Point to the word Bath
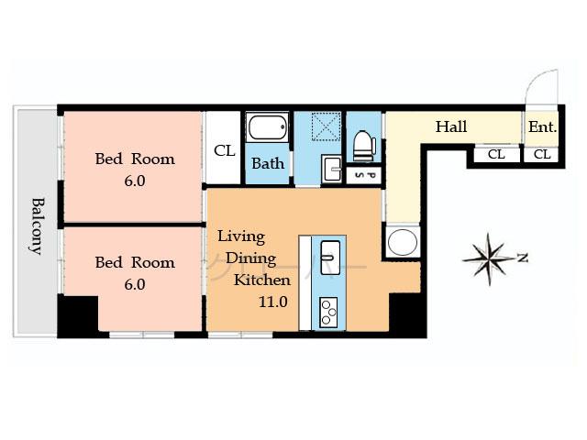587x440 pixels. tap(268, 164)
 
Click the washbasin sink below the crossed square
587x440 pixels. tap(331, 169)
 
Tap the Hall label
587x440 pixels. tap(450, 126)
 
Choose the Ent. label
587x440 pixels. tap(542, 127)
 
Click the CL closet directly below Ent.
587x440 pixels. tap(542, 154)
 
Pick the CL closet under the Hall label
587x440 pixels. tap(496, 154)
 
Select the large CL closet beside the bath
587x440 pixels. tap(224, 150)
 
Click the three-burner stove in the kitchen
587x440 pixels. tap(328, 312)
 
